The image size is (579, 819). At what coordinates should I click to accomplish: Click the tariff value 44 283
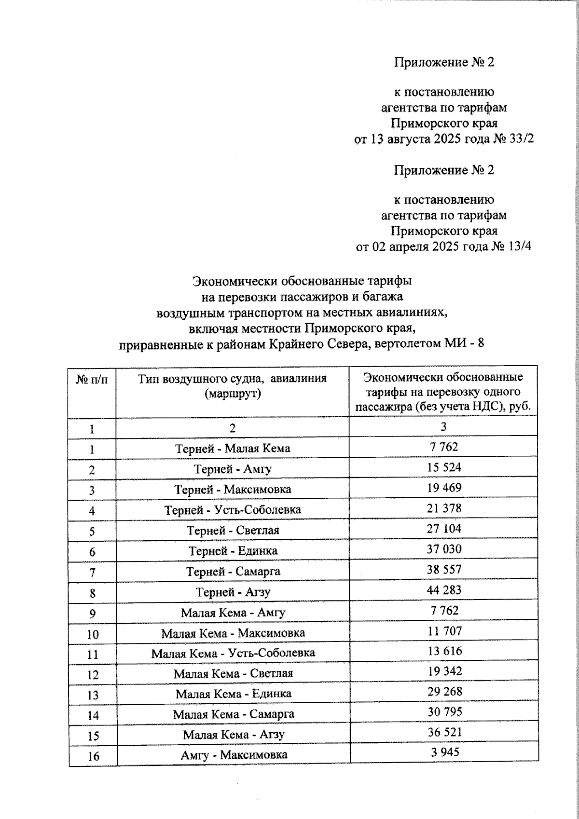(444, 590)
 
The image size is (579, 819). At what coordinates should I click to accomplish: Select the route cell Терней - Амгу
(233, 469)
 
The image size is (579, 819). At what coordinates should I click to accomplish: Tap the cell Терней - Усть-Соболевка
(233, 510)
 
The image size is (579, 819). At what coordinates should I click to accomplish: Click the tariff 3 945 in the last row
(444, 752)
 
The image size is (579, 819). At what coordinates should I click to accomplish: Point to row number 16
(93, 756)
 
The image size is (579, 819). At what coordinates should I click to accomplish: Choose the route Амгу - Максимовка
(234, 755)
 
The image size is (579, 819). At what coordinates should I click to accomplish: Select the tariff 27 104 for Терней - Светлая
(444, 529)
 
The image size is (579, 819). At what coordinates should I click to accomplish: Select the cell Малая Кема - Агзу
(234, 735)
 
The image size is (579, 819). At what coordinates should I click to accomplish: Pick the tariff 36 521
(444, 732)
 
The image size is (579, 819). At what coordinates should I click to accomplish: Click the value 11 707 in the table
(444, 631)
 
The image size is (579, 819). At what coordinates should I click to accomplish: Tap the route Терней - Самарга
(233, 572)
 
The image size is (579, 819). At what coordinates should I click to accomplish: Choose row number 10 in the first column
(93, 634)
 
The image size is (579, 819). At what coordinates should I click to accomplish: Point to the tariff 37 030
(444, 549)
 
